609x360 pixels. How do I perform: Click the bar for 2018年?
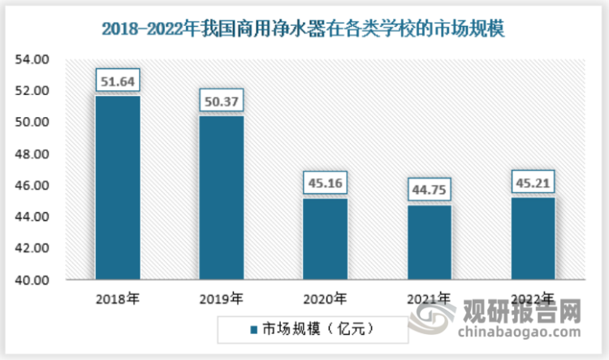coord(117,188)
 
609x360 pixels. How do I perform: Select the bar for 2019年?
coord(221,197)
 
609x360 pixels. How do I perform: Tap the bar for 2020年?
coord(325,239)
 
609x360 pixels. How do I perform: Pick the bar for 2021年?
coord(429,242)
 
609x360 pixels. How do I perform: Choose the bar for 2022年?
coord(533,239)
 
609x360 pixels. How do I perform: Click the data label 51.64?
coord(117,81)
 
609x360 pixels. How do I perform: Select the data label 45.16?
coord(325,183)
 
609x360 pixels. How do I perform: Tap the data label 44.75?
coord(429,189)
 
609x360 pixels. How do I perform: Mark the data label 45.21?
coord(533,182)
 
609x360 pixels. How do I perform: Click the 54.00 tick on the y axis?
coord(32,59)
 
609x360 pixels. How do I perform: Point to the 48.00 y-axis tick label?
coord(32,154)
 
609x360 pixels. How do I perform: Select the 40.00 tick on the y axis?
coord(32,280)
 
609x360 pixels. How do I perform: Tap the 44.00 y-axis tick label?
coord(32,217)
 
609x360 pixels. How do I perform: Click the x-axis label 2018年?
coord(117,298)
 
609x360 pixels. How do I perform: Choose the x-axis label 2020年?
coord(325,298)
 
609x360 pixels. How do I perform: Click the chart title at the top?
coord(304,29)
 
